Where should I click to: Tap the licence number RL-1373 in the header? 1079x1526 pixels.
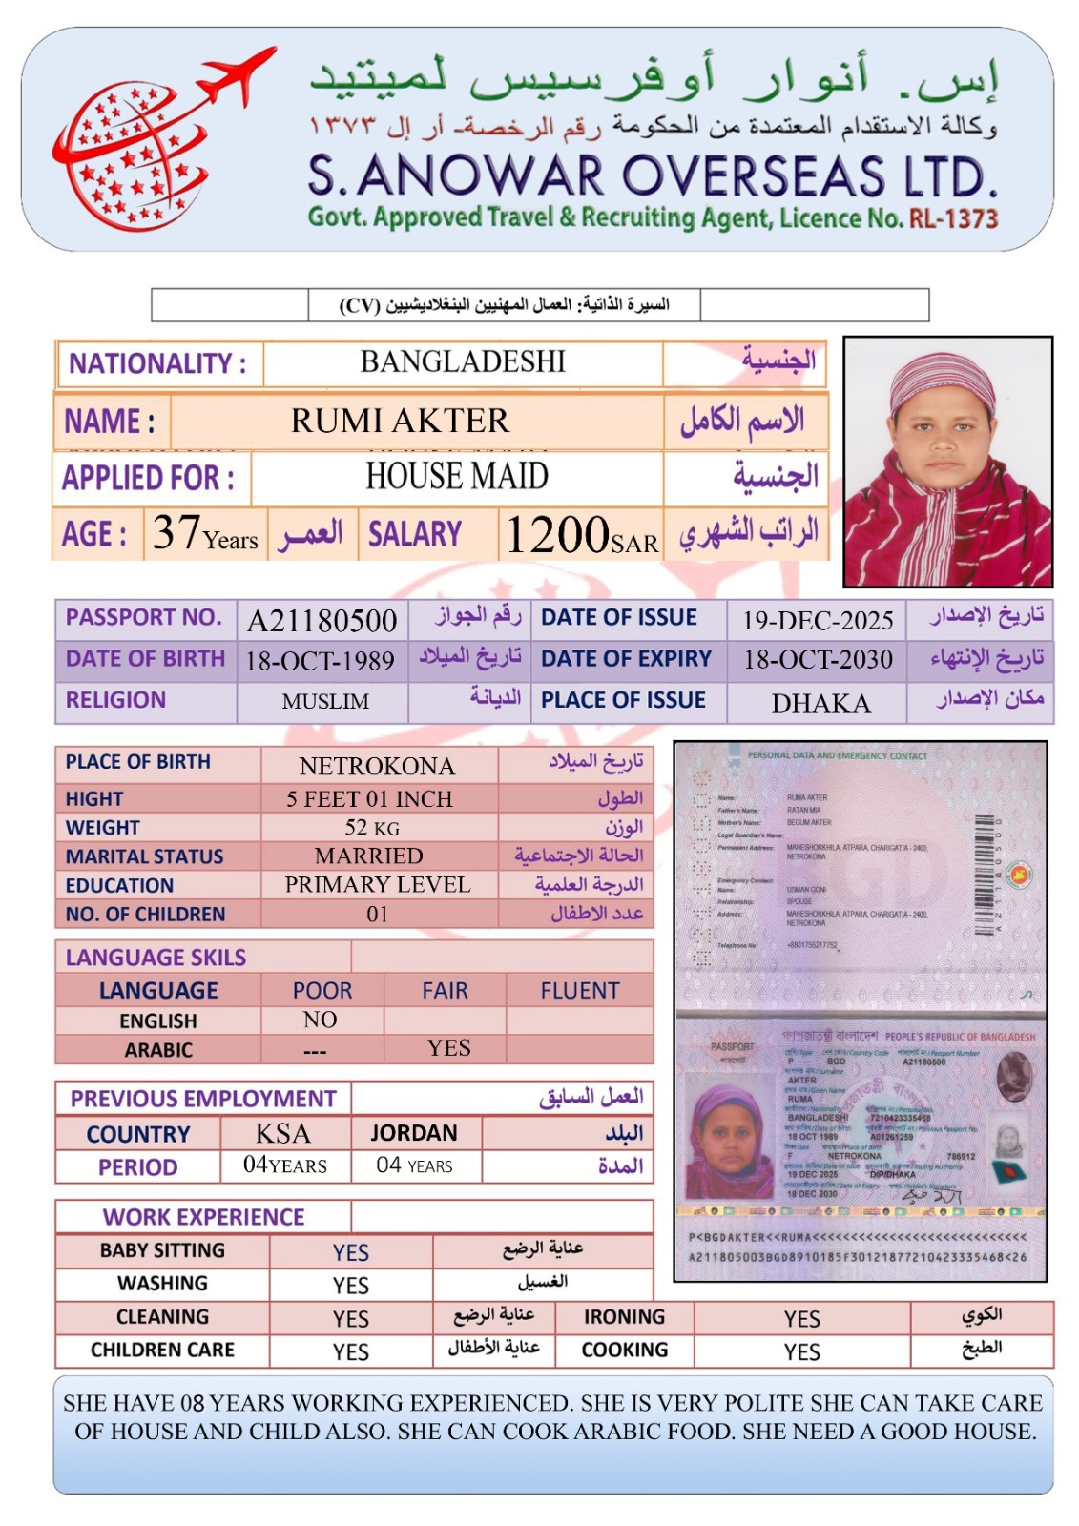(x=953, y=219)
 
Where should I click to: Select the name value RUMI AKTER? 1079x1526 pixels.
(x=400, y=421)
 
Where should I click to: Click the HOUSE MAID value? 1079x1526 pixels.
(x=457, y=476)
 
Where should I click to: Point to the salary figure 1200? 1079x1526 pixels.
(x=557, y=534)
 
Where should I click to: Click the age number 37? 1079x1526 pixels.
(x=176, y=532)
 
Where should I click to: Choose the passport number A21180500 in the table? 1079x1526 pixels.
(x=322, y=621)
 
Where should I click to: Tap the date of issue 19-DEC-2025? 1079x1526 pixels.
(x=818, y=621)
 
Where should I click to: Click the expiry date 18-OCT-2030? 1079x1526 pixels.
(x=818, y=660)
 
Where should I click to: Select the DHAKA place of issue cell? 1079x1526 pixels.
(x=820, y=704)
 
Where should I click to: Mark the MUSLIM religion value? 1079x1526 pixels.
(x=325, y=702)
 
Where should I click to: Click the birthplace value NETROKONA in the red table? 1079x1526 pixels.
(x=377, y=766)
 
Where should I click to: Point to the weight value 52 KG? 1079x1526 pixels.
(x=372, y=827)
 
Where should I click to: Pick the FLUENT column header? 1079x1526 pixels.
(x=579, y=991)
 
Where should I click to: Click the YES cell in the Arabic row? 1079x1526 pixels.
(x=448, y=1048)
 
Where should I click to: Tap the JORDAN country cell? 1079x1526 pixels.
(x=414, y=1133)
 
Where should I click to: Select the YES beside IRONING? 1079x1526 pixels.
(x=801, y=1318)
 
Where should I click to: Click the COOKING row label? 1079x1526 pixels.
(x=625, y=1350)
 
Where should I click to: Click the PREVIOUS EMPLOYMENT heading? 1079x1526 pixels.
(x=203, y=1099)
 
